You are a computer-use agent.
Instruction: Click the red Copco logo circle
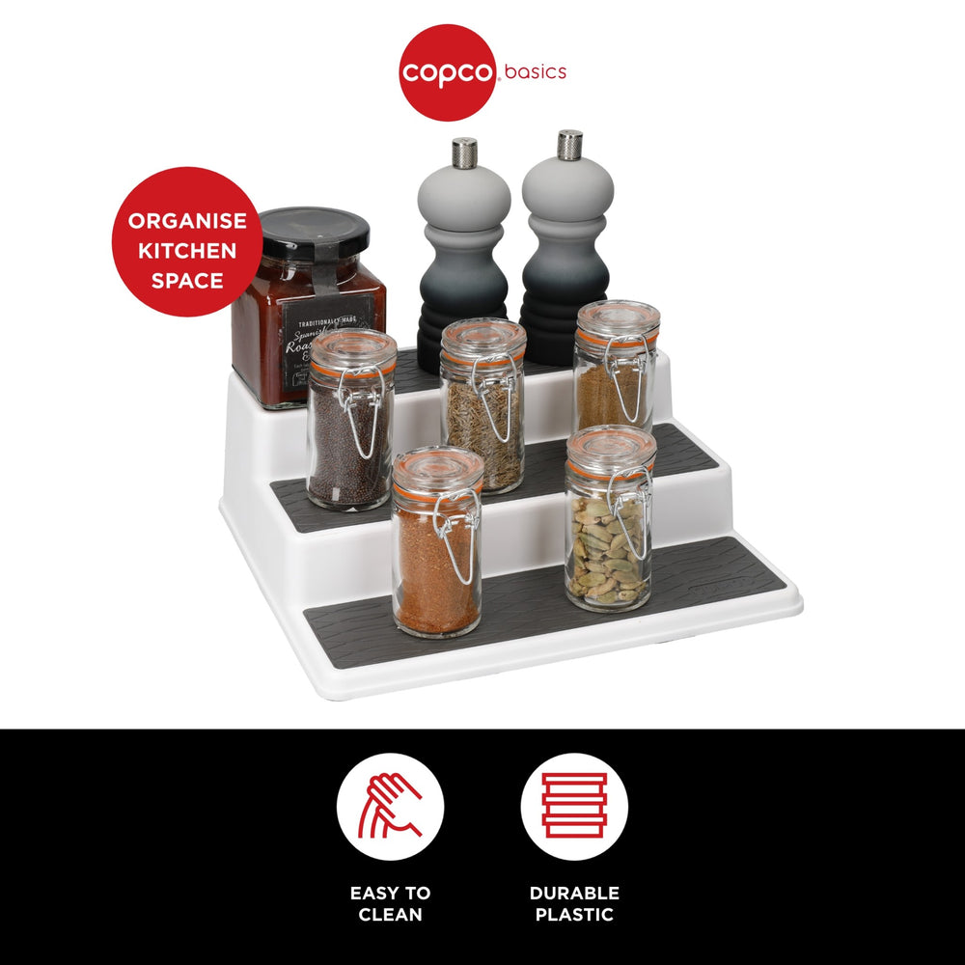(447, 73)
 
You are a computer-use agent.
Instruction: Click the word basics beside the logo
(535, 72)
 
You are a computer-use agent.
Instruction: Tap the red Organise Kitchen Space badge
(186, 241)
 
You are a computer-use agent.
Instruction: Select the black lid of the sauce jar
(315, 233)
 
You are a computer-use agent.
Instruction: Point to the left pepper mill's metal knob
(464, 152)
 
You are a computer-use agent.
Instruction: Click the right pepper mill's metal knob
(569, 145)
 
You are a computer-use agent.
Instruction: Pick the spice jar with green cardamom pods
(610, 526)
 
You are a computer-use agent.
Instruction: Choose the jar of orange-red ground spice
(436, 550)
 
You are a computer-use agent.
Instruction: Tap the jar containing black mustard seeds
(350, 425)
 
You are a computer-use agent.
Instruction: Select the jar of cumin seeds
(482, 410)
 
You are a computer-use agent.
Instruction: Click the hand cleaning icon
(390, 806)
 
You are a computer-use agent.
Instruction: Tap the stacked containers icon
(574, 806)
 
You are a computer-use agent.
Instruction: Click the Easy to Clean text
(390, 903)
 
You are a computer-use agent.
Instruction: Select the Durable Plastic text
(574, 903)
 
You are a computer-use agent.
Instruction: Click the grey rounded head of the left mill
(464, 197)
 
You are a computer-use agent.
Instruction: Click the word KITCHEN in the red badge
(186, 251)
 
